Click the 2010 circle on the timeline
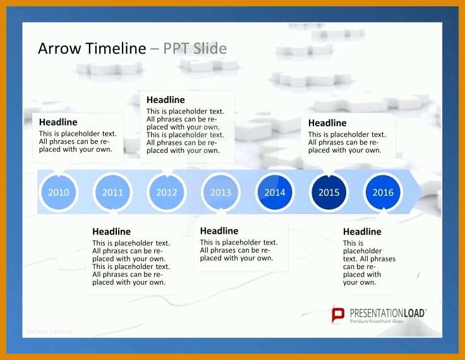[59, 192]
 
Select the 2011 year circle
[112, 192]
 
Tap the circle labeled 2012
[167, 192]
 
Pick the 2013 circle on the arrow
[221, 192]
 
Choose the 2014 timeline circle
[275, 192]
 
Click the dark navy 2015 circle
[329, 192]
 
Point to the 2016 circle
[383, 192]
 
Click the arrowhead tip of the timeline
[422, 192]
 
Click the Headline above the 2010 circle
[58, 122]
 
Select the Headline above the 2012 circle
[166, 100]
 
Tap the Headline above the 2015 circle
[327, 123]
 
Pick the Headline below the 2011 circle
[111, 231]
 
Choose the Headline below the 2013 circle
[219, 231]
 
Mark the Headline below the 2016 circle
[362, 231]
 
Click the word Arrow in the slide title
[59, 49]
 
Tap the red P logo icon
[338, 315]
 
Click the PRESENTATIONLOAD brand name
[388, 313]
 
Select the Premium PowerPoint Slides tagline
[377, 321]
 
